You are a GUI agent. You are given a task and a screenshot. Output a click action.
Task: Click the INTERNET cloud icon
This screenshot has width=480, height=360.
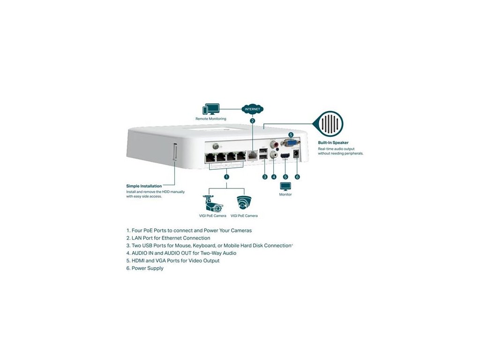[x=252, y=109]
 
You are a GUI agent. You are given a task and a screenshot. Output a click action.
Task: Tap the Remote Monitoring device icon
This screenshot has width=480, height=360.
[x=210, y=110]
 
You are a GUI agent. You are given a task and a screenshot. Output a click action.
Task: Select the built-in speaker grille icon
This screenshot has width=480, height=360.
[x=331, y=124]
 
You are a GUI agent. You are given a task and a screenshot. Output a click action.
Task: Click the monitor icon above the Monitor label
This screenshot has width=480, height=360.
[x=285, y=187]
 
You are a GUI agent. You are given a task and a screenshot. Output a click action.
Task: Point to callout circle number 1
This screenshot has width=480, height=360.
[x=226, y=177]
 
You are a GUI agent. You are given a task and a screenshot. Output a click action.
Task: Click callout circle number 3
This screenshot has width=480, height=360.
[x=265, y=177]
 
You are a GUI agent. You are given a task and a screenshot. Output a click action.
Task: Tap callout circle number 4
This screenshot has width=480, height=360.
[x=274, y=177]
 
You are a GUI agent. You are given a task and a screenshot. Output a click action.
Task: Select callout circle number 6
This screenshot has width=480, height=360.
[x=297, y=177]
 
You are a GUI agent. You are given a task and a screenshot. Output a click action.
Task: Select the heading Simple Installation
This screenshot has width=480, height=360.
[x=144, y=186]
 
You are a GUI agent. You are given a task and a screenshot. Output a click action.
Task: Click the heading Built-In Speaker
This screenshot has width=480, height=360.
[x=333, y=142]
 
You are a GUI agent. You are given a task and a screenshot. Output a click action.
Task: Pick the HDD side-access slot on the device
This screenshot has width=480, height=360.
[x=174, y=154]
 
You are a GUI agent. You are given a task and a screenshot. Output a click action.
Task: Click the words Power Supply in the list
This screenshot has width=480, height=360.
[x=148, y=268]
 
